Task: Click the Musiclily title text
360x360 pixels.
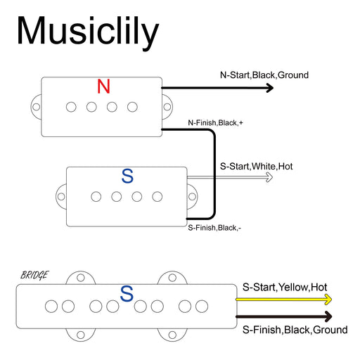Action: pyautogui.click(x=88, y=32)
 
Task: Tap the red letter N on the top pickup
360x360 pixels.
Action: pyautogui.click(x=103, y=86)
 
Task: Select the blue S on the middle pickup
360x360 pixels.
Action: pyautogui.click(x=127, y=176)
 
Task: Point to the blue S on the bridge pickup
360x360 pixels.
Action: pyautogui.click(x=127, y=293)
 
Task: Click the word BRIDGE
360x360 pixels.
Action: pyautogui.click(x=34, y=275)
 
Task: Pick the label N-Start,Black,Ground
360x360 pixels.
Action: pyautogui.click(x=264, y=75)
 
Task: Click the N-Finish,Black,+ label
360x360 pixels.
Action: pyautogui.click(x=215, y=122)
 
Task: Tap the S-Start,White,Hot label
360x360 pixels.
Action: pyautogui.click(x=256, y=167)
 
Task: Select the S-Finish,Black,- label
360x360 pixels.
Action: pyautogui.click(x=214, y=228)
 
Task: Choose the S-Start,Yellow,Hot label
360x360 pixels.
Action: pyautogui.click(x=285, y=287)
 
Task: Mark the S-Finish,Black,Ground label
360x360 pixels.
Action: pyautogui.click(x=295, y=330)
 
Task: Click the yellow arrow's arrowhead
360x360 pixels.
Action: pyautogui.click(x=328, y=300)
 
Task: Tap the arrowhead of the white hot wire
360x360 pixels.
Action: pyautogui.click(x=269, y=177)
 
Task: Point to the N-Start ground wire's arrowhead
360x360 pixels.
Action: pyautogui.click(x=270, y=88)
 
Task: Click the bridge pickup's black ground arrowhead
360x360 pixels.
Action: pyautogui.click(x=328, y=316)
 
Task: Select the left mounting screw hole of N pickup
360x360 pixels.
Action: pyautogui.click(x=37, y=107)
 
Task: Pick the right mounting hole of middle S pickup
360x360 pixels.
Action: pyautogui.click(x=192, y=196)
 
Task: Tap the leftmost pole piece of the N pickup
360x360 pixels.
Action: pyautogui.click(x=71, y=107)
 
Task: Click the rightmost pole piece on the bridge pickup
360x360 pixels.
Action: pyautogui.click(x=202, y=307)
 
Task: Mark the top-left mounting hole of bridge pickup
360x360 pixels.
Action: pyautogui.click(x=81, y=278)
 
